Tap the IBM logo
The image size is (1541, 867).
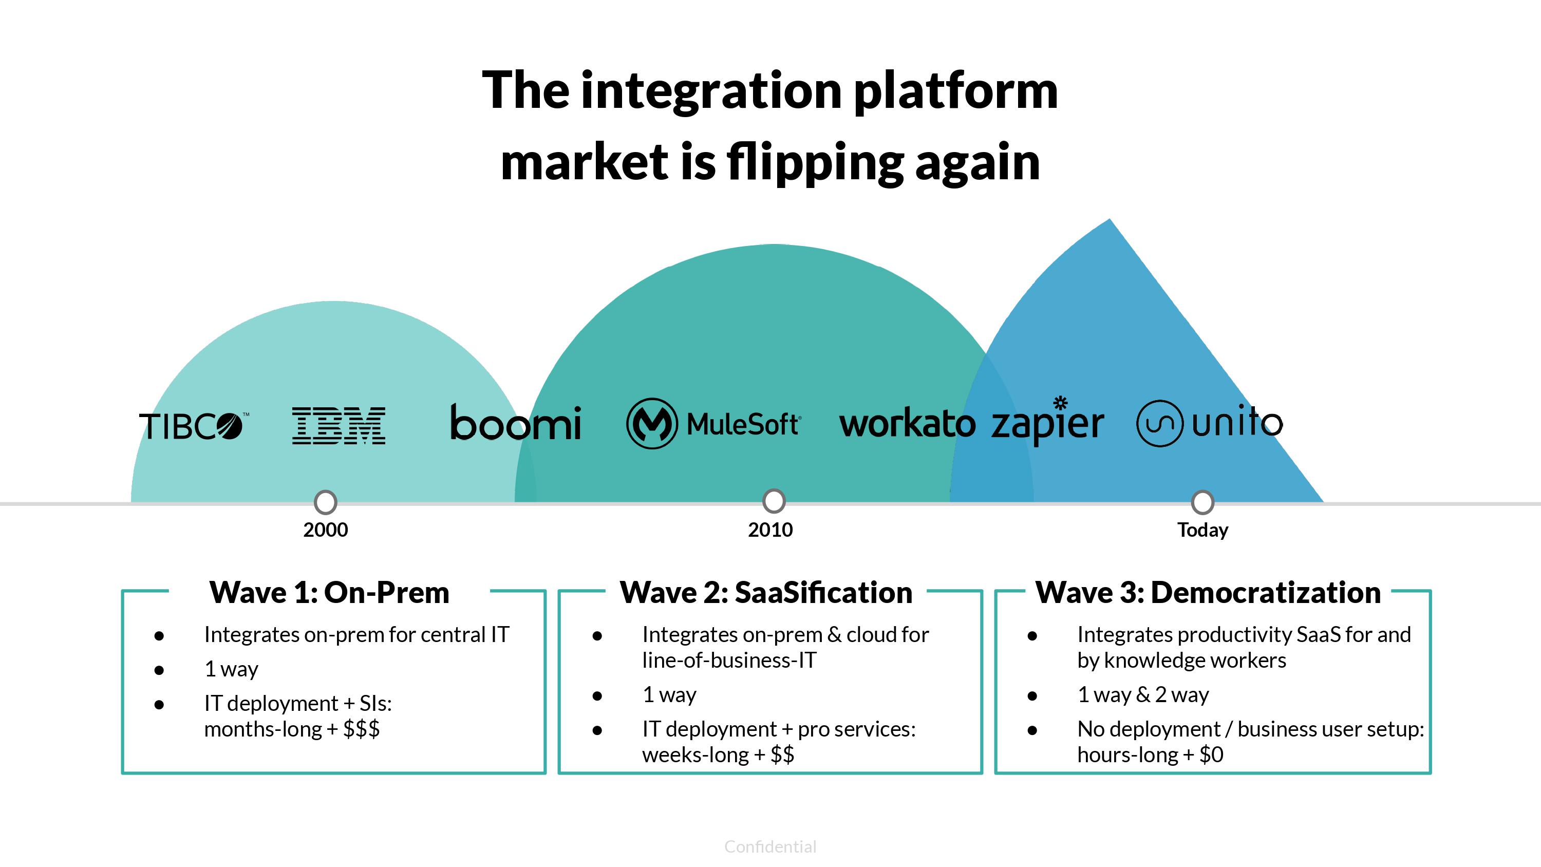339,425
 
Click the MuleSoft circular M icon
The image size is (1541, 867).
651,424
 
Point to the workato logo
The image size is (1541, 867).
907,424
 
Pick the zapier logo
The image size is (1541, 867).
1047,422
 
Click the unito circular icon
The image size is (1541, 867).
1159,424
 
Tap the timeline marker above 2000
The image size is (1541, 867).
326,502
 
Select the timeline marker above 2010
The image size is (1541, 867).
774,501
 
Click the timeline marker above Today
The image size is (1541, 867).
1202,502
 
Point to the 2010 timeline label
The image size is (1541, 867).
770,530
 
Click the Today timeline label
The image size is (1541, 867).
1202,530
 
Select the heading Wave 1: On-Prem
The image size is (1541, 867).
329,593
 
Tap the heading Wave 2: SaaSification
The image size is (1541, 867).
766,593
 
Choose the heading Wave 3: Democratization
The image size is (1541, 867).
1208,593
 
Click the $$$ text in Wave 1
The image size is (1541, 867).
361,729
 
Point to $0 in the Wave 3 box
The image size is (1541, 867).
1211,755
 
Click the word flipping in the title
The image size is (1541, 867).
815,163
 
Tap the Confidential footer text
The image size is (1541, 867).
770,846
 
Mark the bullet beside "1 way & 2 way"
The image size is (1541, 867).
1032,696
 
